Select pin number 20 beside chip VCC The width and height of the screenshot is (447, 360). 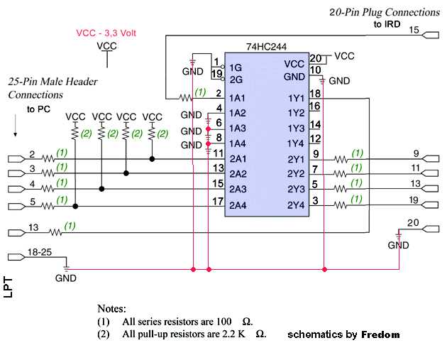(316, 59)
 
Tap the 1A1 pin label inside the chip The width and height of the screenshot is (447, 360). (237, 97)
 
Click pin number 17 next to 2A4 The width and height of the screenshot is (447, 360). (218, 201)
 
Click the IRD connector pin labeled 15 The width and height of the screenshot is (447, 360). (415, 30)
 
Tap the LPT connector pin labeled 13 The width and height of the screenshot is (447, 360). (33, 227)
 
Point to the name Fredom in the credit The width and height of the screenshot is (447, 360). (380, 334)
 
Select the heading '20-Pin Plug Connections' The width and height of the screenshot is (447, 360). (385, 12)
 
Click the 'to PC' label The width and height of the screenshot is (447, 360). (40, 109)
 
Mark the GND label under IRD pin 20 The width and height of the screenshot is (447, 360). (398, 245)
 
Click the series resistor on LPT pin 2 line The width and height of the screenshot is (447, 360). (48, 158)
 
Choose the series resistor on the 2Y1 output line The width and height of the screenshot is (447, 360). (342, 158)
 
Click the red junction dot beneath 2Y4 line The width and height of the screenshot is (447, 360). (324, 269)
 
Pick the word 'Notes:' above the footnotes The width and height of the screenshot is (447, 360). (112, 310)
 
